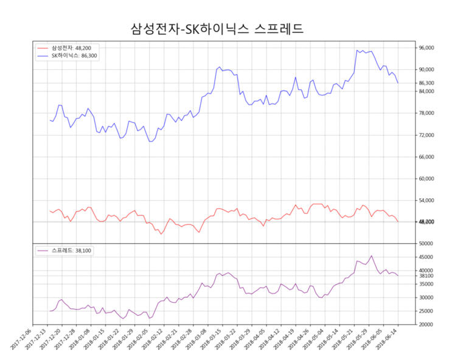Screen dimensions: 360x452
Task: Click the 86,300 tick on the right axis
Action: click(425, 83)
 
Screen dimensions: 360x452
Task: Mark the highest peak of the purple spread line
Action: click(372, 256)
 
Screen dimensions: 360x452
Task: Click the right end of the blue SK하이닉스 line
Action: click(398, 83)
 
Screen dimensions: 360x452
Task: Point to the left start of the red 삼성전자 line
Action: click(50, 211)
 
